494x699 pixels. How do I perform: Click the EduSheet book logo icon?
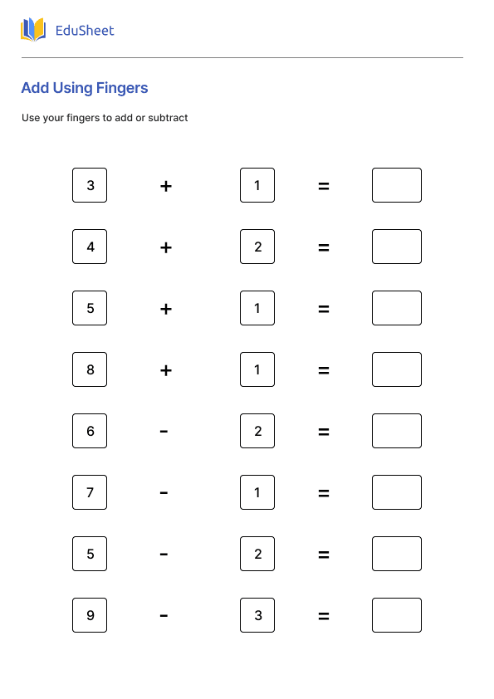coord(33,31)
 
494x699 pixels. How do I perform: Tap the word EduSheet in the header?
coord(84,31)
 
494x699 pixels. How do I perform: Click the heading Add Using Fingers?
coord(85,88)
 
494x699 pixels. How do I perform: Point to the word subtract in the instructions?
coord(169,118)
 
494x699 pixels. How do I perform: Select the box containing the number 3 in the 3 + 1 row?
coord(90,185)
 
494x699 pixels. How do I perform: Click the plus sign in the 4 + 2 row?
coord(166,247)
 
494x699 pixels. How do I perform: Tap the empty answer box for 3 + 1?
coord(396,185)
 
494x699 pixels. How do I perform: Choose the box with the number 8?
coord(90,369)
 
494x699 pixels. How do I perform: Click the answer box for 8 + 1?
coord(396,369)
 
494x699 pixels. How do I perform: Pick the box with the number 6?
coord(90,431)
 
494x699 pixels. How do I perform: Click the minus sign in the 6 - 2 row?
coord(164,431)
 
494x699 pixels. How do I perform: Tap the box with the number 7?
coord(90,492)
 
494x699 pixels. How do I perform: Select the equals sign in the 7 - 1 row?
coord(324,493)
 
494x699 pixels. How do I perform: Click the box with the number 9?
coord(90,615)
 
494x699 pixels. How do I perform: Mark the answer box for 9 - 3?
coord(396,615)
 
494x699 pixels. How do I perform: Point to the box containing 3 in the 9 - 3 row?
coord(257,615)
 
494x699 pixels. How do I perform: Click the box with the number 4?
coord(90,247)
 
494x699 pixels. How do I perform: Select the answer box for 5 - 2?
coord(396,554)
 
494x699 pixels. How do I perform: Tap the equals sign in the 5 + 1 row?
coord(324,309)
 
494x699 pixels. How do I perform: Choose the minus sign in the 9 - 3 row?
coord(164,615)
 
